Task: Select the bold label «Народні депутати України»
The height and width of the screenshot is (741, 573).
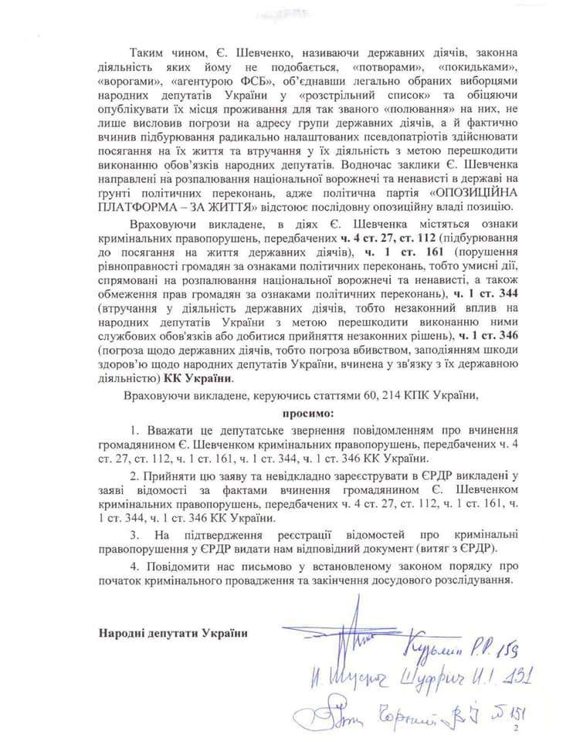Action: [x=174, y=633]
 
